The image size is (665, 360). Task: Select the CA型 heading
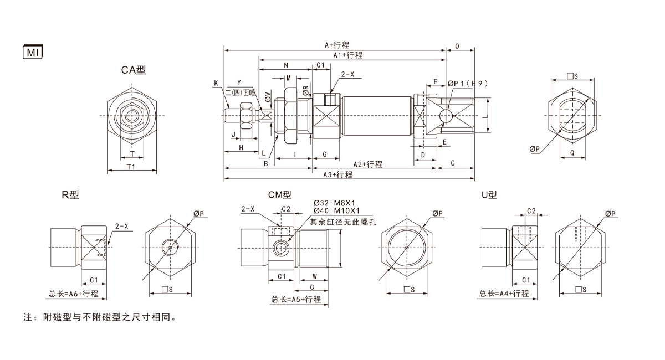click(134, 70)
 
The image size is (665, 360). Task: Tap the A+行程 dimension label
click(337, 45)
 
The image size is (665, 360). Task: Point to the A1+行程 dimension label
click(347, 55)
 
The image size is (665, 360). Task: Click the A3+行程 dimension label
click(337, 174)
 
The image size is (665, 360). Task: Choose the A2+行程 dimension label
click(367, 164)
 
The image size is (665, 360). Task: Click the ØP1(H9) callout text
click(469, 84)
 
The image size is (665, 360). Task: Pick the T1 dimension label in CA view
click(131, 166)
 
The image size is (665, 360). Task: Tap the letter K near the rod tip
click(216, 84)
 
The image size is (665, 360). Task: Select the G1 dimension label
click(321, 65)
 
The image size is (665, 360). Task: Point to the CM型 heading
click(279, 195)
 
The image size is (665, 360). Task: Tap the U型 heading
click(489, 195)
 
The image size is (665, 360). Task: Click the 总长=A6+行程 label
click(73, 294)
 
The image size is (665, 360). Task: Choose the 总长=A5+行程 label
click(296, 299)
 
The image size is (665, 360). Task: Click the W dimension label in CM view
click(314, 276)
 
